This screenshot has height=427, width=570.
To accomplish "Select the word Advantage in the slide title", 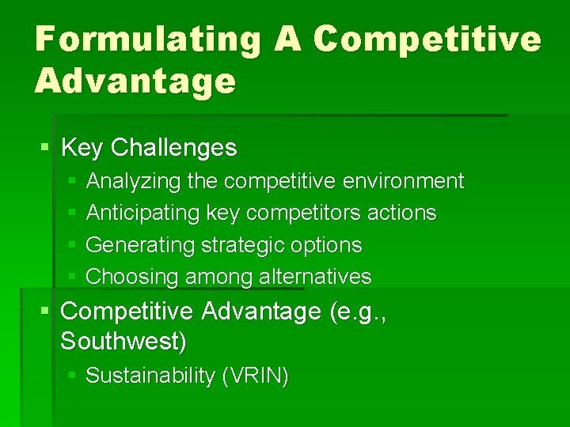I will point(135,81).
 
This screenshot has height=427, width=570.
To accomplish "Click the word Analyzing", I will point(134,182).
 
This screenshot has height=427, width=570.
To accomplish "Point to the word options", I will point(327,245).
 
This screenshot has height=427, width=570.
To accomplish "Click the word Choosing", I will point(132,277).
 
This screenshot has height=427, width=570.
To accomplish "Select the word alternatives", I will point(318,277).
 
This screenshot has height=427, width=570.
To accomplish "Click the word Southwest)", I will point(123,342).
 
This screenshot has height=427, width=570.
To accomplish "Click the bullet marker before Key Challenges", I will point(44,148).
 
